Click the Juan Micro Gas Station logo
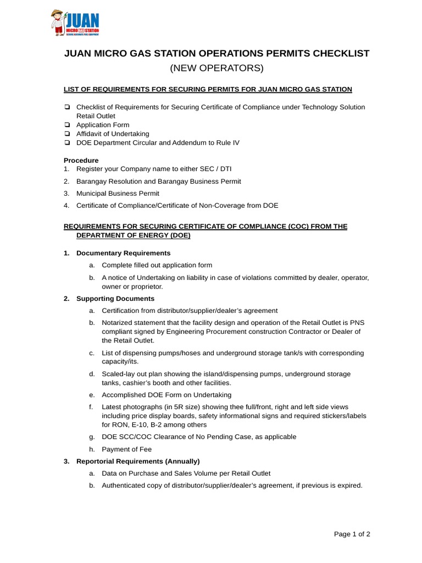click(x=75, y=23)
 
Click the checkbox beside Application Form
click(x=67, y=125)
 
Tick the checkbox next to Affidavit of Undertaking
click(x=67, y=134)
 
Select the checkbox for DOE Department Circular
click(x=67, y=142)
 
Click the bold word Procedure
click(x=81, y=160)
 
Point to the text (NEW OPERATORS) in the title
click(x=216, y=68)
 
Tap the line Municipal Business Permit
click(x=118, y=193)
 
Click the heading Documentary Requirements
click(x=123, y=253)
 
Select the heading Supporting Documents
click(x=115, y=299)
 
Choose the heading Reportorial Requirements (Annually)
click(x=138, y=461)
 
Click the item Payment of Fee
click(x=126, y=449)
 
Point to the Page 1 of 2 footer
click(x=353, y=534)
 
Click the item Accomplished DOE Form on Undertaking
click(x=166, y=395)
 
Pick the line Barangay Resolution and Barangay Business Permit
click(x=158, y=181)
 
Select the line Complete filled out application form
click(x=157, y=265)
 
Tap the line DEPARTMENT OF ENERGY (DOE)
click(x=134, y=235)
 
